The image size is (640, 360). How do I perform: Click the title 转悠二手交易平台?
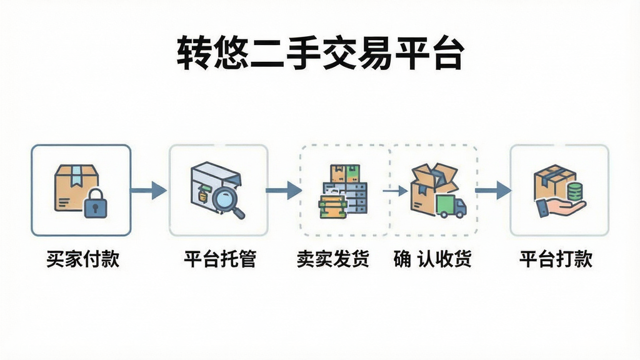(321, 53)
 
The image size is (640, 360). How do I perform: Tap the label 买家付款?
(83, 259)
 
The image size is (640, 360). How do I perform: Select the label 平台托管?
(220, 259)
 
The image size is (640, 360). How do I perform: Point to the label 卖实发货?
(333, 259)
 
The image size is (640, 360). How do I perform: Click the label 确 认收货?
(432, 259)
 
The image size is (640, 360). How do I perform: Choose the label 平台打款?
(556, 259)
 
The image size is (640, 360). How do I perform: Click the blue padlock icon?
(95, 203)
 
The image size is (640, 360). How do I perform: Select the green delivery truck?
(451, 206)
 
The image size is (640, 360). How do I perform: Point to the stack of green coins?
(575, 192)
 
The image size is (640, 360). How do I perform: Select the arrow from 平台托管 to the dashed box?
(284, 190)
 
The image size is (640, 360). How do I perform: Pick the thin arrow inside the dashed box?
(395, 190)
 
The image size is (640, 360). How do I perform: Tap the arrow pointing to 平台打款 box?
(493, 190)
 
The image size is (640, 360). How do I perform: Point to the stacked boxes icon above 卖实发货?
(343, 191)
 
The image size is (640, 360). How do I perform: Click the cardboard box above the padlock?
(77, 187)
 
